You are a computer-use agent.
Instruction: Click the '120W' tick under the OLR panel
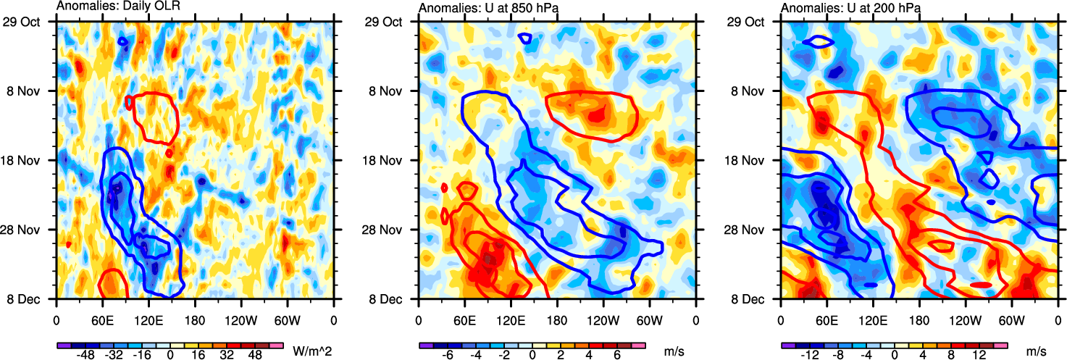tap(240, 317)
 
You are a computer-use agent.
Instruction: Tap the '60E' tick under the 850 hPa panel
tap(464, 317)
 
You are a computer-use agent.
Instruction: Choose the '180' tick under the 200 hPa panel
tap(919, 317)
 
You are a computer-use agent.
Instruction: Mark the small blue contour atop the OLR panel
tap(124, 42)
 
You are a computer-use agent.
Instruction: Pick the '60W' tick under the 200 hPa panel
tap(1010, 317)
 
